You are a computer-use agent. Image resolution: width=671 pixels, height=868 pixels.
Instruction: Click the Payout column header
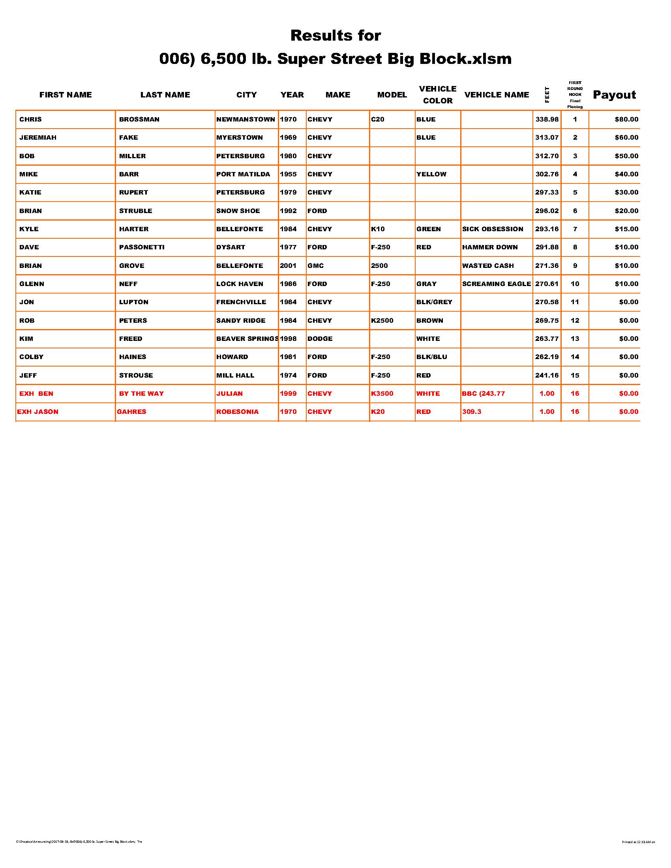(x=614, y=95)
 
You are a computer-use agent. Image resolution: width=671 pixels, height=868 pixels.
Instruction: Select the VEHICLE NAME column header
(x=497, y=95)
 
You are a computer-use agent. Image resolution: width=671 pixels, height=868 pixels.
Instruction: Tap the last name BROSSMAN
(x=139, y=119)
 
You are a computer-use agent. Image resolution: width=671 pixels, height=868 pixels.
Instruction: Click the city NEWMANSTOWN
(x=245, y=119)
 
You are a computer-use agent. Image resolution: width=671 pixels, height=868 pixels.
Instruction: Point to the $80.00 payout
(x=626, y=119)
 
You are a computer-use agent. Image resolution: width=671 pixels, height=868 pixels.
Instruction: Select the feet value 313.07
(x=547, y=138)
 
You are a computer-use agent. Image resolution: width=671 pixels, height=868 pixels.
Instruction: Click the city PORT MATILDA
(x=243, y=174)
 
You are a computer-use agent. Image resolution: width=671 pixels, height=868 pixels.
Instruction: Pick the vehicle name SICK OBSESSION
(x=493, y=229)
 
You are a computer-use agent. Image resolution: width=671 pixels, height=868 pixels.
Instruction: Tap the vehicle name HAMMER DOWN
(x=490, y=247)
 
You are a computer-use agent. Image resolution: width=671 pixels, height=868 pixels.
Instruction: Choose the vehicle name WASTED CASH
(x=488, y=266)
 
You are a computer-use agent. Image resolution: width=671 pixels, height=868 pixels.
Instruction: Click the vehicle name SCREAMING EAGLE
(x=496, y=284)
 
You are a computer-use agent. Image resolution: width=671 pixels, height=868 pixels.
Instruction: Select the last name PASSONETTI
(x=142, y=247)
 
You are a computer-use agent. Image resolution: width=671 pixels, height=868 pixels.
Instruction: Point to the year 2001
(x=288, y=266)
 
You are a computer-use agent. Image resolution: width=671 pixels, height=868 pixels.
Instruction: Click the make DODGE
(x=320, y=339)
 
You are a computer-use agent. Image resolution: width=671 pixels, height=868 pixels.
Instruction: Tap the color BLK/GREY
(x=434, y=302)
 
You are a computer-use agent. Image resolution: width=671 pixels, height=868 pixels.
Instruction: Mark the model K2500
(x=382, y=320)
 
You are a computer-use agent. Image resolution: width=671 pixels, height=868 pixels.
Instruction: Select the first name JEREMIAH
(x=38, y=138)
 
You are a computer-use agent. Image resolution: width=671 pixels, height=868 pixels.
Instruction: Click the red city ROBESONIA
(x=237, y=412)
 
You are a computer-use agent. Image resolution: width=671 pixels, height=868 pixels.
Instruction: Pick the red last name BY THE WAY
(x=141, y=393)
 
